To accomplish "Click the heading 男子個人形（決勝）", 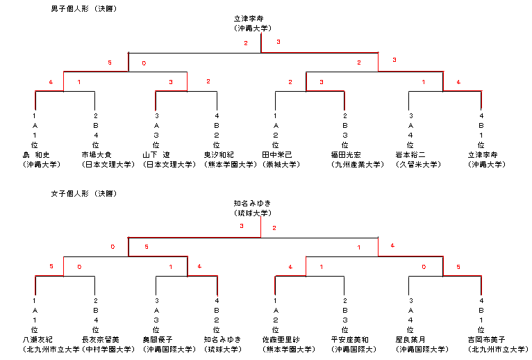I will pos(83,8).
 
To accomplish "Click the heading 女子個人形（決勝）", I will pos(83,193).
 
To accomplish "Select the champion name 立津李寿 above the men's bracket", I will pos(249,19).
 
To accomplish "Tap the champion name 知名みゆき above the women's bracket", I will pos(248,204).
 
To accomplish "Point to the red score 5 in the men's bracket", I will pos(109,63).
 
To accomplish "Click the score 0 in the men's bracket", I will pos(144,63).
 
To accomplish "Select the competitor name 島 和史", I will pos(38,155).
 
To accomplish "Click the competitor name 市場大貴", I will pos(95,155).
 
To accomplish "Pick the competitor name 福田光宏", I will pos(345,155).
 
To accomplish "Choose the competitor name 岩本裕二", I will pos(411,155).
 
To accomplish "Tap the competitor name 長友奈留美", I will pos(100,339).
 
